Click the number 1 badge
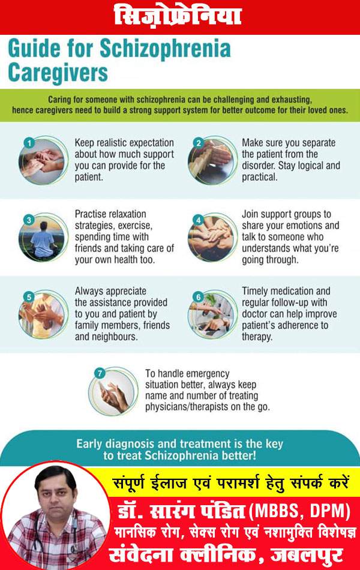tap(29, 143)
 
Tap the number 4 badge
tap(199, 220)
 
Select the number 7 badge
tap(99, 373)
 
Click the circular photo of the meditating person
tap(43, 237)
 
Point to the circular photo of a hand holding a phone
tap(113, 391)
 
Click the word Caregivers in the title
tap(58, 72)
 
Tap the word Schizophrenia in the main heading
tap(165, 49)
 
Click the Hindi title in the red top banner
tap(178, 16)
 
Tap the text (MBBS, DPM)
tap(299, 511)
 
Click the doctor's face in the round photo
tap(55, 492)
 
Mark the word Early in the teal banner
tap(89, 443)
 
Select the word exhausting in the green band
tap(292, 100)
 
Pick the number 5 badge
tap(29, 297)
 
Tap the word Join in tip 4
tap(250, 214)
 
